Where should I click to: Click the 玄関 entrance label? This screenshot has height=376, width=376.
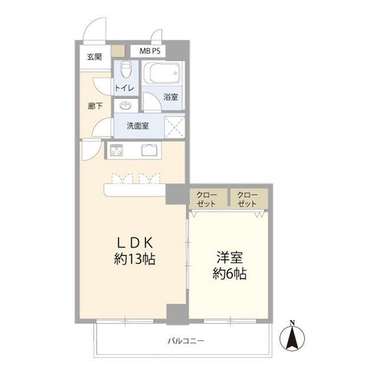(94, 57)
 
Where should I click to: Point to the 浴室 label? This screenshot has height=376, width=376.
(171, 96)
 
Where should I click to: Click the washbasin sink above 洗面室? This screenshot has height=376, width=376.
(125, 106)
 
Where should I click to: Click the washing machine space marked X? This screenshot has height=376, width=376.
(174, 126)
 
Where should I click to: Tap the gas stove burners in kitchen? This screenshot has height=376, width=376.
(116, 150)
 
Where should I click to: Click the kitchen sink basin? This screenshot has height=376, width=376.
(148, 150)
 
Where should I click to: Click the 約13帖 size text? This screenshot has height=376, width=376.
(135, 259)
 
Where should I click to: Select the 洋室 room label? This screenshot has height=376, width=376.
(230, 257)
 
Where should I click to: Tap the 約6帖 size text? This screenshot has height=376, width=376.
(230, 273)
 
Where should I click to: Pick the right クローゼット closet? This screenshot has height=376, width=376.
(248, 199)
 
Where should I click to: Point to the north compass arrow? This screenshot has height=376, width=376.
(292, 335)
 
